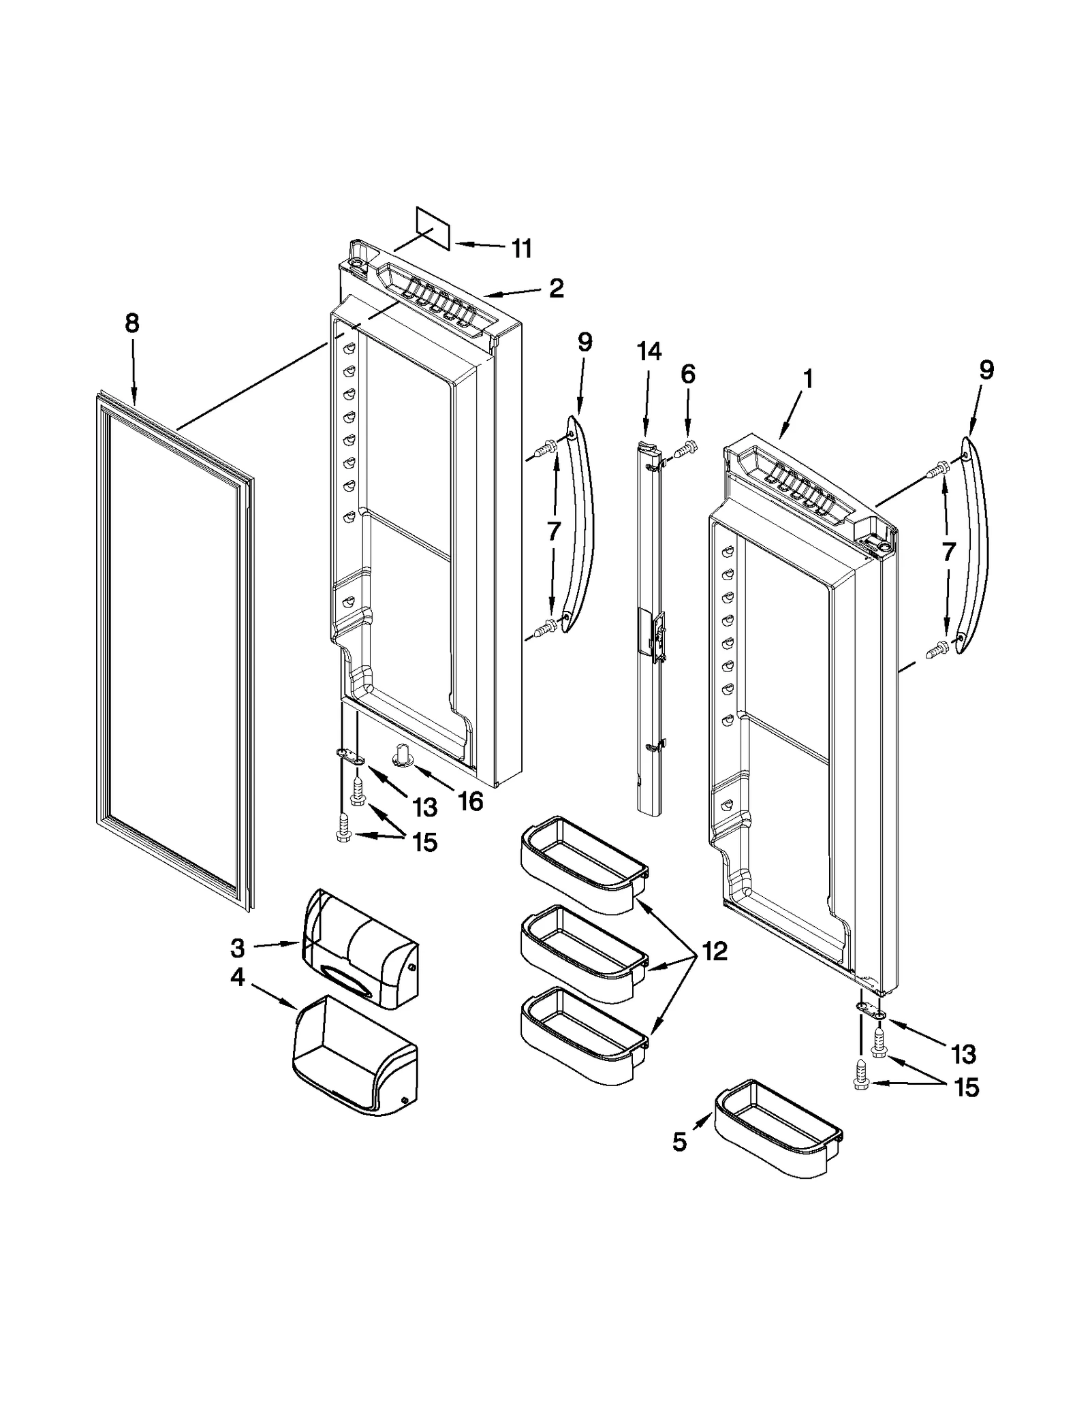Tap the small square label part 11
(433, 229)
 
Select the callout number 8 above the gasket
(132, 323)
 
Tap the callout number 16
(470, 802)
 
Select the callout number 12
(714, 951)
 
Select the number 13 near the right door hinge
(963, 1054)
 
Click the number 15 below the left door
(424, 843)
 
